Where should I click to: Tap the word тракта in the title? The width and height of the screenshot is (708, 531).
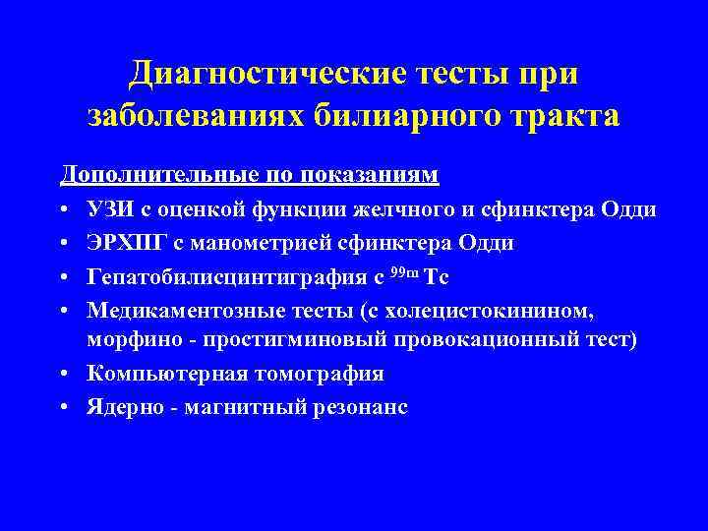click(x=563, y=116)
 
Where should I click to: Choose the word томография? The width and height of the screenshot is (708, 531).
click(x=314, y=374)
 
